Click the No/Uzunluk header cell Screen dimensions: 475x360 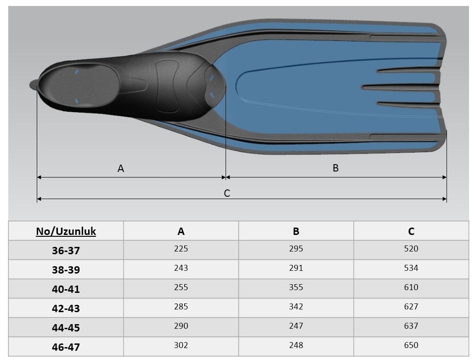66,231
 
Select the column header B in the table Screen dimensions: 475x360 296,231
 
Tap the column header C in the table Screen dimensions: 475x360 411,231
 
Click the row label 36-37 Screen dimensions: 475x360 66,251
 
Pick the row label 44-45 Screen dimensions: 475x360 66,328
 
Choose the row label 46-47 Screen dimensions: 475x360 66,347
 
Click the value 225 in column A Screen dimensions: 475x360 181,249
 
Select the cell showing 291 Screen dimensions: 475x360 296,268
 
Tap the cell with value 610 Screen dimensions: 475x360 411,287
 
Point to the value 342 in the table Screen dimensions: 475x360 296,307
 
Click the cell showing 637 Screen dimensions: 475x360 411,326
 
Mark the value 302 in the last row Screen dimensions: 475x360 181,345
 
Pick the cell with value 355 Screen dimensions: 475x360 296,287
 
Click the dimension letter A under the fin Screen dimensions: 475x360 120,168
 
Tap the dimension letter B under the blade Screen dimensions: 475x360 335,168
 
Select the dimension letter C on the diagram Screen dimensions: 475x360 227,193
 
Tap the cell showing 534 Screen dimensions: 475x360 411,268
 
